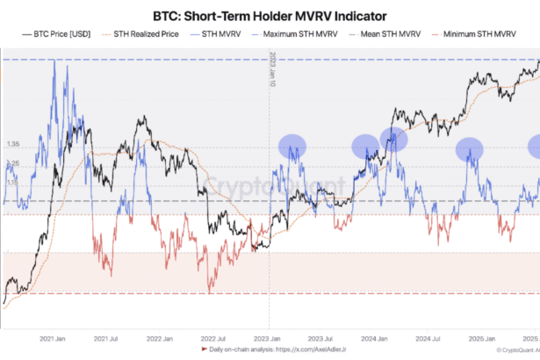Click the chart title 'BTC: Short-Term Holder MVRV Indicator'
pyautogui.click(x=270, y=14)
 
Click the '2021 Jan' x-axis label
pyautogui.click(x=54, y=338)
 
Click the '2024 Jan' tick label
pyautogui.click(x=372, y=338)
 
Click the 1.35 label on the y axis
pyautogui.click(x=12, y=144)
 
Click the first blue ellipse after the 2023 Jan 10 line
pyautogui.click(x=292, y=146)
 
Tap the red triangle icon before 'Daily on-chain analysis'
pyautogui.click(x=204, y=350)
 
